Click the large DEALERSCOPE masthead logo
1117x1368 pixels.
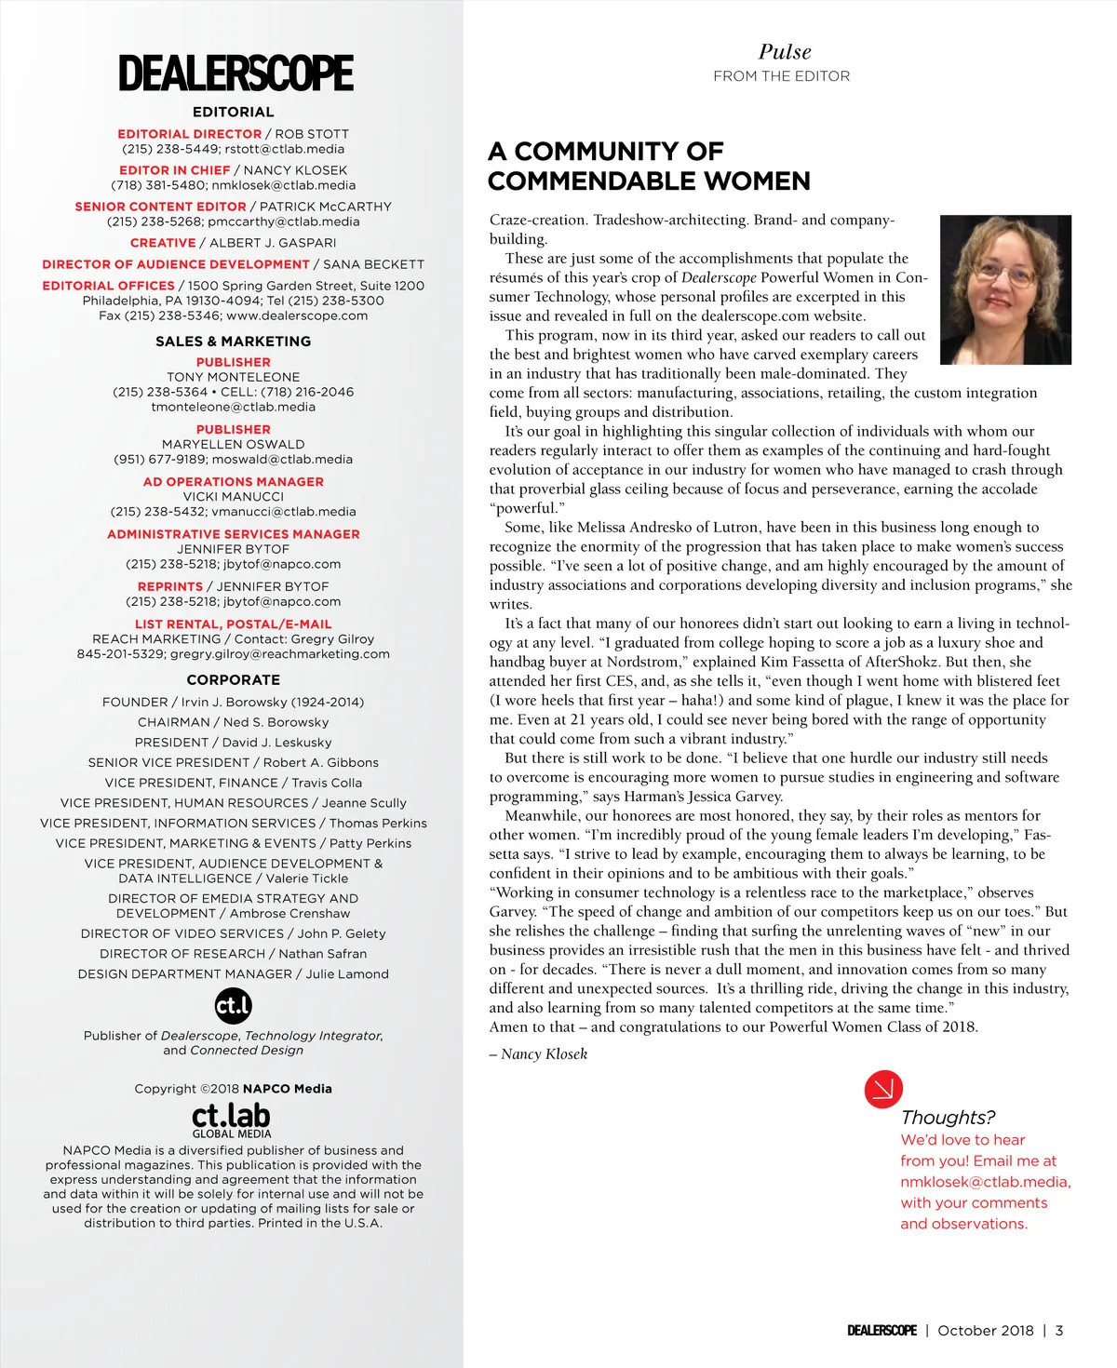[x=236, y=74]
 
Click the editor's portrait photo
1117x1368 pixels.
[x=1005, y=289]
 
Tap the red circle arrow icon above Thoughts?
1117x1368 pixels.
[x=883, y=1089]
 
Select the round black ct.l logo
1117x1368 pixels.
[x=233, y=1005]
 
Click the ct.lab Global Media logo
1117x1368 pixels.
[x=231, y=1120]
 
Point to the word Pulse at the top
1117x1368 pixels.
[x=784, y=52]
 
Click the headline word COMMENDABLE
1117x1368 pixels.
[x=649, y=181]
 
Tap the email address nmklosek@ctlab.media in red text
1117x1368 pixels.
[x=985, y=1182]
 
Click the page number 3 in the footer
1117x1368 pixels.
[x=1059, y=1331]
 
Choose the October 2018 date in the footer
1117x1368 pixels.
[x=985, y=1331]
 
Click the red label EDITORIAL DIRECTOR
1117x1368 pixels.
[x=190, y=134]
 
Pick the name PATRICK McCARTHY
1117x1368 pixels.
[x=326, y=207]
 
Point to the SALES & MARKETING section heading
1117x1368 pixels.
[x=234, y=342]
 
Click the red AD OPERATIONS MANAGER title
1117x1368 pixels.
[x=234, y=482]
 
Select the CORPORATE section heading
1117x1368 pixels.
[x=234, y=680]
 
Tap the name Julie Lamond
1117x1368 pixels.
[x=347, y=974]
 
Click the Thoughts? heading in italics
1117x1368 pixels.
[x=948, y=1118]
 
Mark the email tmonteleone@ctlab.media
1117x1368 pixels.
[x=234, y=407]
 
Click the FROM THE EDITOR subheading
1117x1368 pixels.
[x=782, y=76]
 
